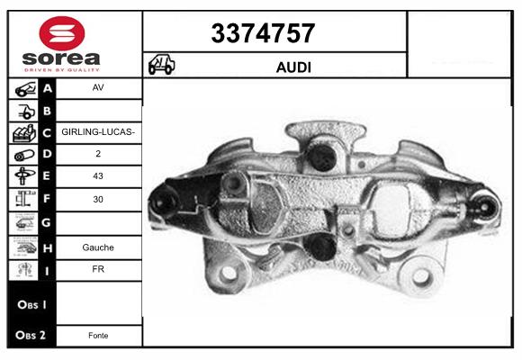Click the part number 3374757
coord(263,33)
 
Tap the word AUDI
coord(293,67)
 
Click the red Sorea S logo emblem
coord(62,33)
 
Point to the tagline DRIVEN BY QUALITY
coord(62,70)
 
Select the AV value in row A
coord(98,87)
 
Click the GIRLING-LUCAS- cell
coord(98,132)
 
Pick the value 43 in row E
coord(98,175)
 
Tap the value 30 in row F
coord(98,199)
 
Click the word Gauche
coord(98,247)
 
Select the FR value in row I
coord(98,269)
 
